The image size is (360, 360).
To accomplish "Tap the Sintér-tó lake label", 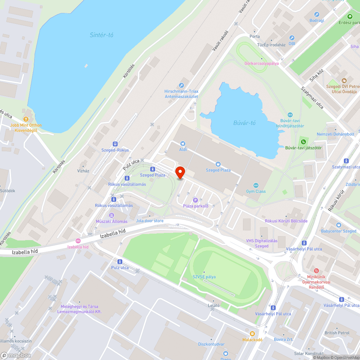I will click(102, 35).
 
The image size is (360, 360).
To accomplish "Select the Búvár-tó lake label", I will click(244, 123).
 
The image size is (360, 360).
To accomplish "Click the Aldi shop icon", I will click(183, 143).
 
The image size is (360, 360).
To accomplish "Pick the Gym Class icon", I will click(256, 185).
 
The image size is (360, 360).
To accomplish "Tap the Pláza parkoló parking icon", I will click(195, 200).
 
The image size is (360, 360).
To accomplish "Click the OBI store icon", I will click(292, 38).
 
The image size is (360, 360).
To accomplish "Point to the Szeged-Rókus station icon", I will click(115, 144).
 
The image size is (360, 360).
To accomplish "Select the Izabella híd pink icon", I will click(78, 241).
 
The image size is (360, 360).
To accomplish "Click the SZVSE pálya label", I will click(204, 277).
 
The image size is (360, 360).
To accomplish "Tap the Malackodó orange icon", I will click(252, 334).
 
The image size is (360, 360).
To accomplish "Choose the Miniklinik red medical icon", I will click(316, 271).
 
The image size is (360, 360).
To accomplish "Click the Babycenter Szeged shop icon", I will click(338, 225).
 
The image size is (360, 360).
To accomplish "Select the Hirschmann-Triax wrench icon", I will click(181, 85).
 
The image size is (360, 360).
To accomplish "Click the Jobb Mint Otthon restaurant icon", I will click(26, 119).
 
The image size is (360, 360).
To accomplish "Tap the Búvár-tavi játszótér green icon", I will click(303, 141).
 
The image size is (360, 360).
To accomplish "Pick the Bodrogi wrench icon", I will click(317, 14).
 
